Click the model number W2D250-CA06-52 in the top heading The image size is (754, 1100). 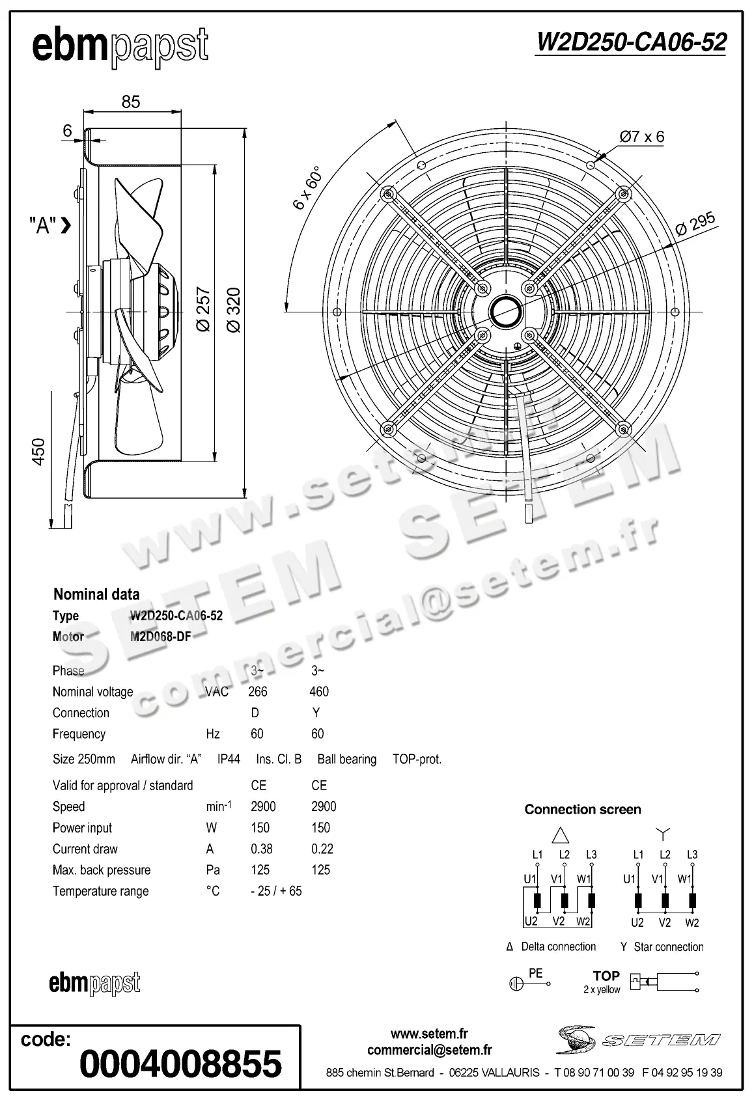click(x=630, y=42)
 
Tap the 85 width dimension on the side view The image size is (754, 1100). click(x=131, y=102)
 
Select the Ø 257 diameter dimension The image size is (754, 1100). click(x=204, y=309)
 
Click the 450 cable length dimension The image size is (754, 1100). click(x=39, y=452)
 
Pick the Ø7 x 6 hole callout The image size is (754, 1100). click(x=642, y=137)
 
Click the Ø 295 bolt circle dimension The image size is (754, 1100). click(x=695, y=223)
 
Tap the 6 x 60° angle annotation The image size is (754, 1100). click(x=308, y=188)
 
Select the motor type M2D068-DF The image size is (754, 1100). click(x=161, y=637)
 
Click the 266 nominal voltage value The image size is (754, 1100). click(x=258, y=692)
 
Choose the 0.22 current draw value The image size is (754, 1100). click(x=322, y=849)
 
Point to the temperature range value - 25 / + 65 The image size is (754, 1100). click(x=276, y=891)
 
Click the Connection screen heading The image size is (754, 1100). click(x=583, y=810)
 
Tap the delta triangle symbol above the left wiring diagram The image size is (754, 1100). click(x=561, y=835)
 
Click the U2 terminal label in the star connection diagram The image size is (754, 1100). click(x=637, y=922)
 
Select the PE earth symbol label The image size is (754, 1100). click(x=535, y=974)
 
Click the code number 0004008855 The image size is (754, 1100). click(x=180, y=1064)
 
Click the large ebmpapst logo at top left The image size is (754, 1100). click(x=120, y=47)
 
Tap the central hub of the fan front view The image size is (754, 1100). click(x=505, y=311)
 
